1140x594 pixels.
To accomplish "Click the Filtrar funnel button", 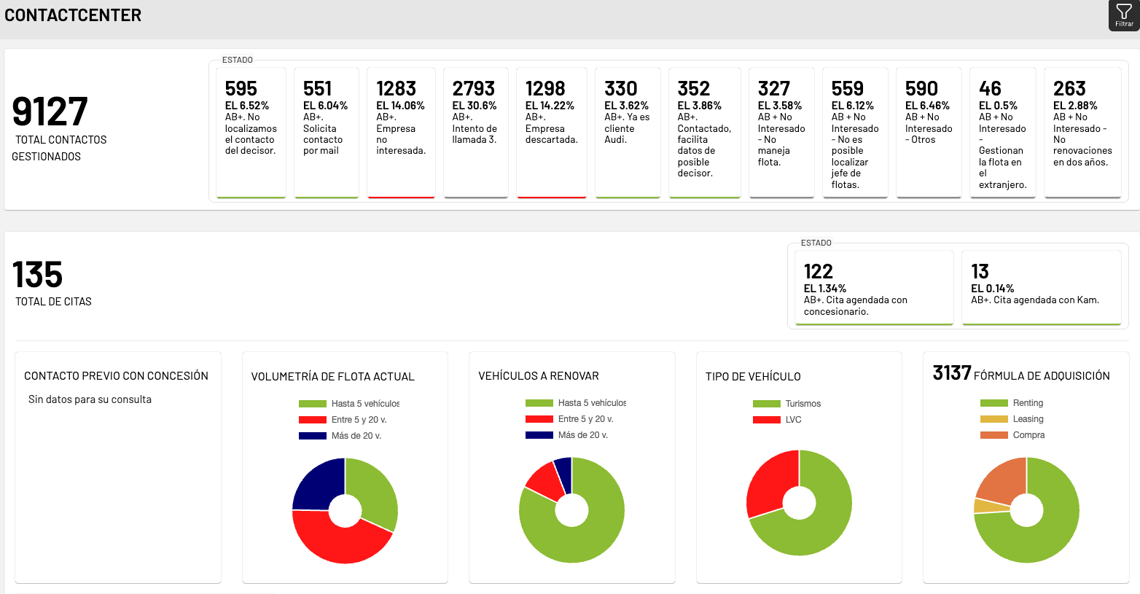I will click(x=1124, y=15).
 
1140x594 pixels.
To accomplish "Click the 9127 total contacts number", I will click(x=50, y=112).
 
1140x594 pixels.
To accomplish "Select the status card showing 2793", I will click(x=475, y=131).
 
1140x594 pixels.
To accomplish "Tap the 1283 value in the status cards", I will click(x=396, y=89).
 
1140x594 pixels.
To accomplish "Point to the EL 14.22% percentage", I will click(x=550, y=106).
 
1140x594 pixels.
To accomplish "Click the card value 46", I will click(x=990, y=89).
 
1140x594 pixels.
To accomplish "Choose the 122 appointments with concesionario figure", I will click(x=818, y=272).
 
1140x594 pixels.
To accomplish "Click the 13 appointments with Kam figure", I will click(x=980, y=272).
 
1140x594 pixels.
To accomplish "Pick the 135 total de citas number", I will click(x=37, y=275).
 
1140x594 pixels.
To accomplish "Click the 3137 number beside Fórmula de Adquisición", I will click(x=951, y=373).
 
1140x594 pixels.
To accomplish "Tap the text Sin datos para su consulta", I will click(x=90, y=399).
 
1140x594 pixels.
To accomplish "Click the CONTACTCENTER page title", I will click(x=73, y=15).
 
